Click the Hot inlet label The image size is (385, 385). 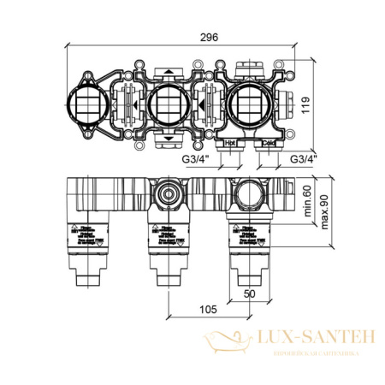(230, 143)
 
